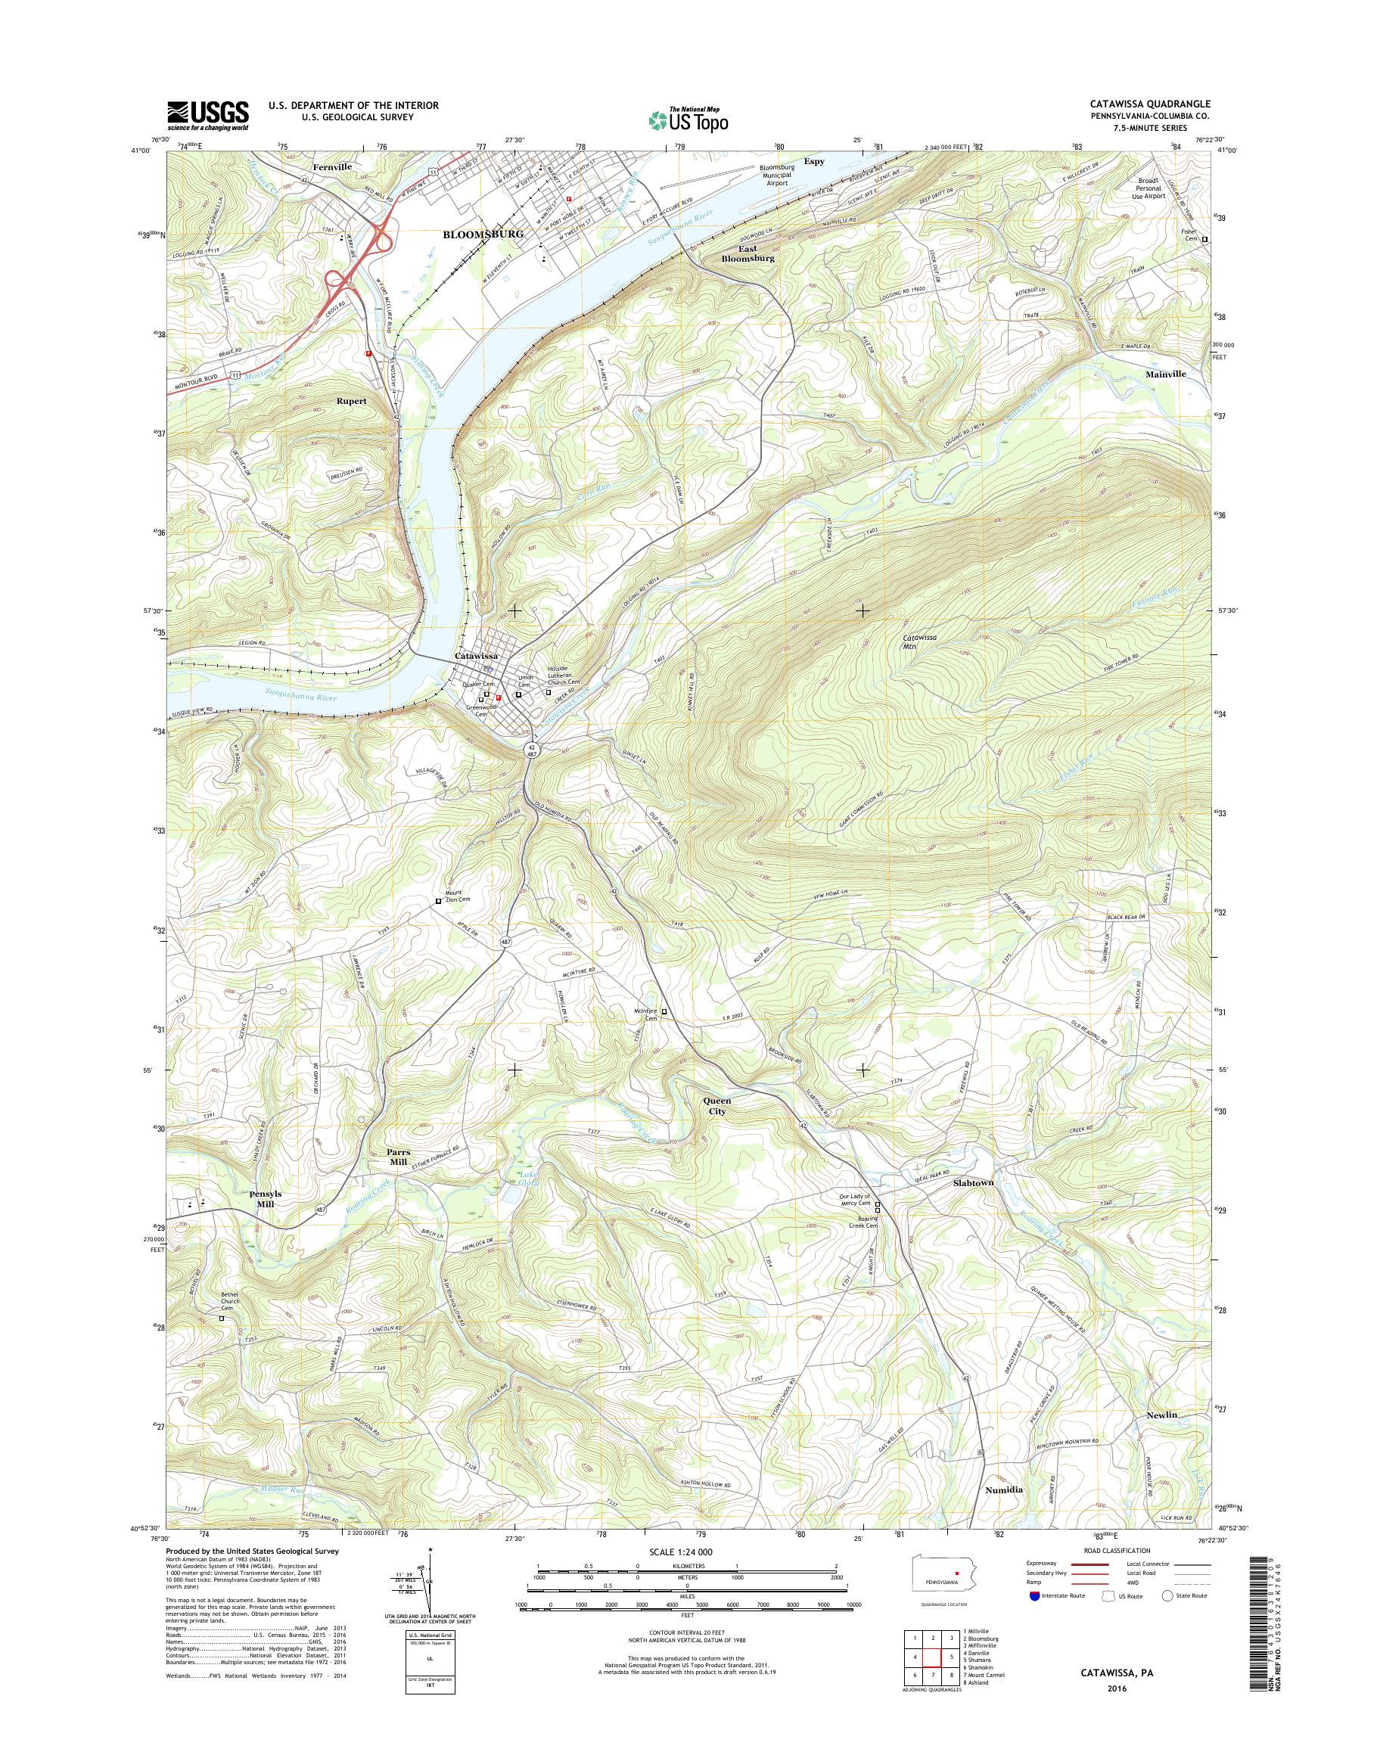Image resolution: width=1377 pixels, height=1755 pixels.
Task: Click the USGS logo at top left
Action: click(x=208, y=116)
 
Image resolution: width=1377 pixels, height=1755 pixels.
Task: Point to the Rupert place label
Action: click(x=352, y=401)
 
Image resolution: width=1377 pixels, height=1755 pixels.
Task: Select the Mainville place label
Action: click(x=1165, y=374)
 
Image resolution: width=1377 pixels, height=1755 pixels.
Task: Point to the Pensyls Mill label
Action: click(x=266, y=1199)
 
